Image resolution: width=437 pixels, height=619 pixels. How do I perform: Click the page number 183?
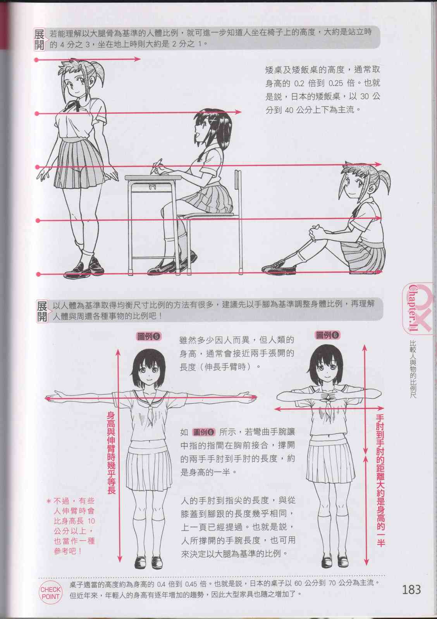tap(411, 590)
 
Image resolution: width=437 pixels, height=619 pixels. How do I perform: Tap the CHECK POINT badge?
tap(51, 593)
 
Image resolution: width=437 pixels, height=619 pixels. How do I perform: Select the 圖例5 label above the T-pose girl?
tap(149, 336)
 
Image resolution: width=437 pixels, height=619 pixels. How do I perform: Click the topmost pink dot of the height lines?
tap(36, 60)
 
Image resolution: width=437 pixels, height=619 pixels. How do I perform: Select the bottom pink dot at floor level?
tap(38, 274)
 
